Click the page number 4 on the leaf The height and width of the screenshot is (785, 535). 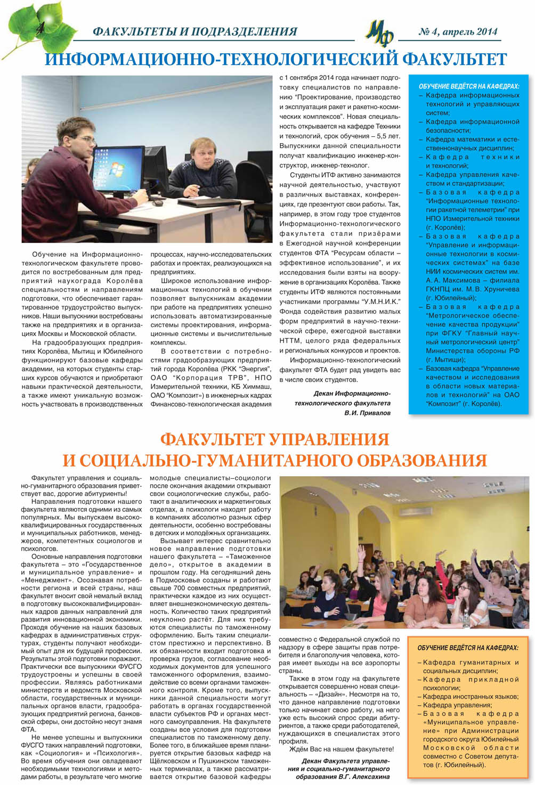coord(39,29)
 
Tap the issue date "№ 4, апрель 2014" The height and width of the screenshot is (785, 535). coord(458,32)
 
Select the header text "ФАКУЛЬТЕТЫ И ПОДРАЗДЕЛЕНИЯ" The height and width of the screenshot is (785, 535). coord(194,32)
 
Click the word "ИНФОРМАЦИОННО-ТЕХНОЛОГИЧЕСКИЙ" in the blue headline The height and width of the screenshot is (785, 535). coord(221,59)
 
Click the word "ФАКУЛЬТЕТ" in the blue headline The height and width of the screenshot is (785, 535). coord(455,59)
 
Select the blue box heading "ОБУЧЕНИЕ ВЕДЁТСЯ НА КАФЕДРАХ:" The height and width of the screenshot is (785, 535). coord(468,86)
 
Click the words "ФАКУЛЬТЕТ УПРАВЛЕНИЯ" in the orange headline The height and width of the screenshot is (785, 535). coord(274,440)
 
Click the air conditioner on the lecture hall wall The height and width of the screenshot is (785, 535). coord(415,511)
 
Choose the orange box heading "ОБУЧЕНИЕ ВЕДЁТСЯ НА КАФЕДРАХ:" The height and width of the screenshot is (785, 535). coord(467,648)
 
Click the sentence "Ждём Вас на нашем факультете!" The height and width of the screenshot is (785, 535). coord(341,749)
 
